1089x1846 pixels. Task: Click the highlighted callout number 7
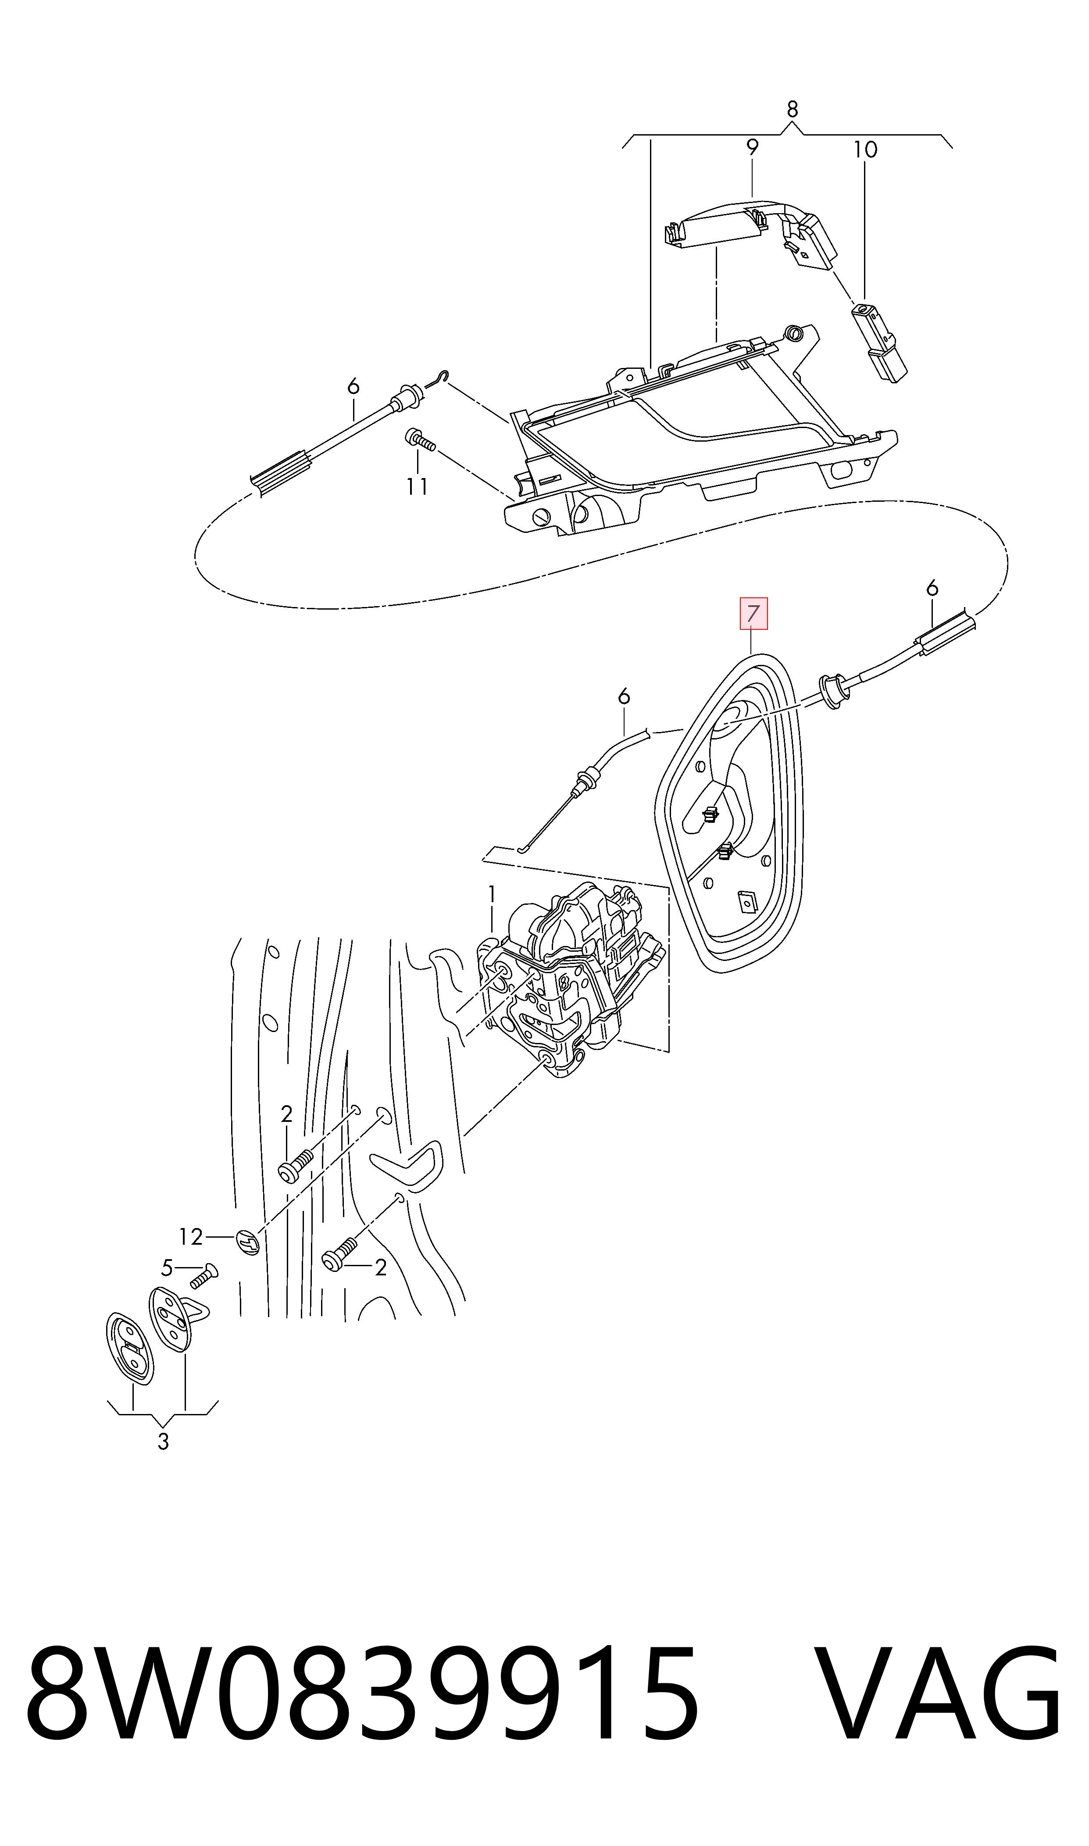point(753,614)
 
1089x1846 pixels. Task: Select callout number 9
point(752,147)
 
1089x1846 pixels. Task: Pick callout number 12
point(191,1236)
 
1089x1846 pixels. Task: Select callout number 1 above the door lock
point(492,894)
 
